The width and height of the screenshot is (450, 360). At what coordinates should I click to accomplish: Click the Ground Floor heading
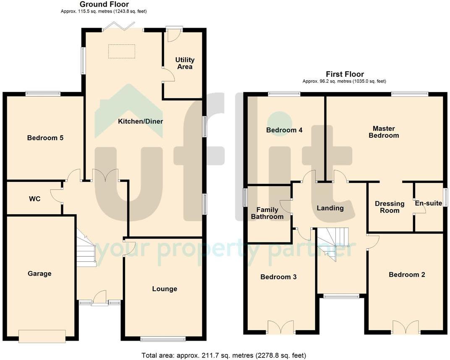point(104,4)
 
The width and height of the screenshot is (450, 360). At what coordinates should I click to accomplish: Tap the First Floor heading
point(345,74)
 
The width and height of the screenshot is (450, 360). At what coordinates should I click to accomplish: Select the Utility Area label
point(185,63)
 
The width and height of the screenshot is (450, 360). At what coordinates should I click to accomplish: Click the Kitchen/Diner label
point(140,121)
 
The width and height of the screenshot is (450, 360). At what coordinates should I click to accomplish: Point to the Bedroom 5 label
point(45,138)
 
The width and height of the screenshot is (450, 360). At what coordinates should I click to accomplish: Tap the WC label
point(35,199)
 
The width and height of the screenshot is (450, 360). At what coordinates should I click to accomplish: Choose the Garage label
point(39,273)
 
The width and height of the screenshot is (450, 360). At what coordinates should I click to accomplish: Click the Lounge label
point(165,289)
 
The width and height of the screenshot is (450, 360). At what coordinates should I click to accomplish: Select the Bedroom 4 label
point(284,130)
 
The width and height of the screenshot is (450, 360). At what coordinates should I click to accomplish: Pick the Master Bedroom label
point(384,132)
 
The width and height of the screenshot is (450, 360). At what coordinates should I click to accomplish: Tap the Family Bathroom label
point(267,213)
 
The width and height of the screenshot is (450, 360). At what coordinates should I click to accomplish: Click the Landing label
point(330,208)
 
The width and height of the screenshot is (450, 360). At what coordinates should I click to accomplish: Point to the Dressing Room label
point(390,207)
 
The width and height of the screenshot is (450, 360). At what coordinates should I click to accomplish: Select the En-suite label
point(429,203)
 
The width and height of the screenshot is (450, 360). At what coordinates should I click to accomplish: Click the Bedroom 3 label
point(278,277)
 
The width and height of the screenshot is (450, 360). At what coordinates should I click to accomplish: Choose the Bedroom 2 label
point(407,274)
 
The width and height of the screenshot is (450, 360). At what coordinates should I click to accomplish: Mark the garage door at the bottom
point(42,336)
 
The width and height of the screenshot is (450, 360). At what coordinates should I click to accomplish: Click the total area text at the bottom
point(224,355)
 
